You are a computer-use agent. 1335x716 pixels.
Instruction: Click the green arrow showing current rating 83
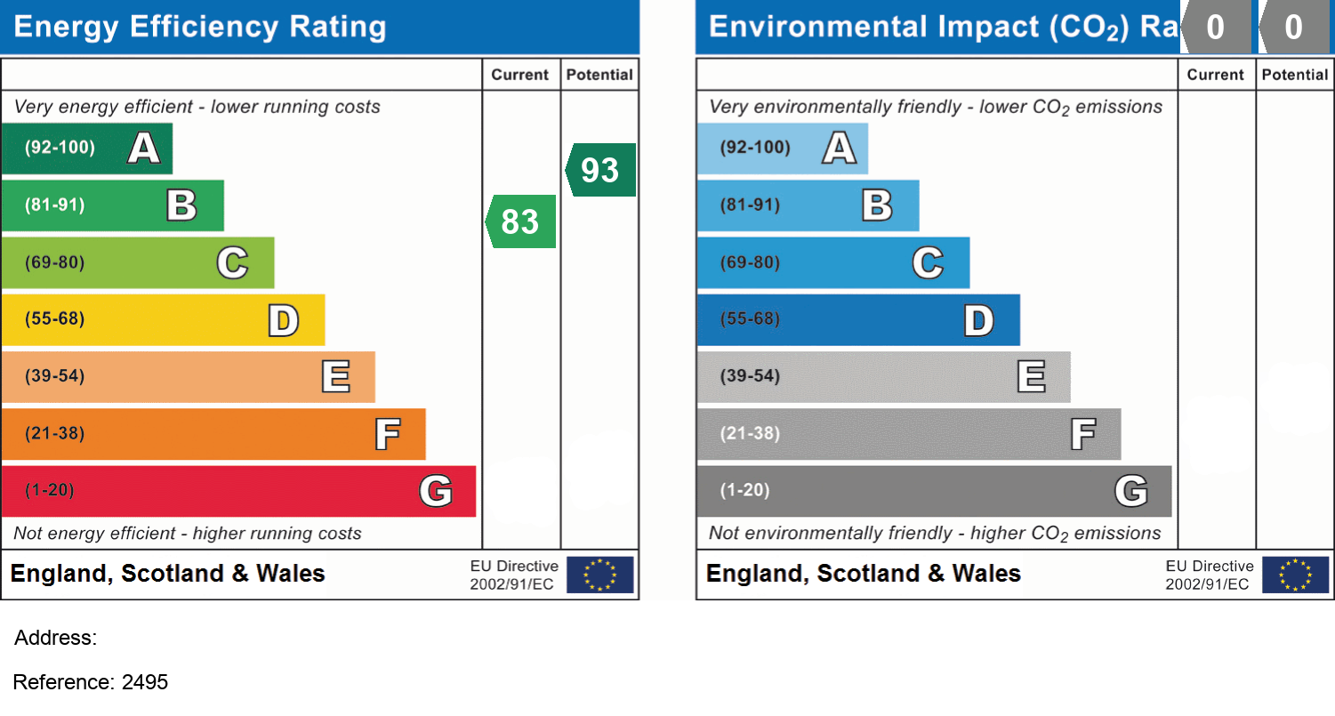520,221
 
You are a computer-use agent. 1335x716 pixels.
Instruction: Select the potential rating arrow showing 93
600,170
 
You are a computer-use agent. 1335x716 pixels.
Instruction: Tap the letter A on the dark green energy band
144,148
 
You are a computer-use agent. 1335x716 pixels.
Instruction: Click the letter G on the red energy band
436,491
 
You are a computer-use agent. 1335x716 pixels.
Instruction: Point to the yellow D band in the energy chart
163,319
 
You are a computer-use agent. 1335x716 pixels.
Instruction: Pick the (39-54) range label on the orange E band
54,376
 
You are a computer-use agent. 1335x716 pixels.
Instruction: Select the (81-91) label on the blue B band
750,205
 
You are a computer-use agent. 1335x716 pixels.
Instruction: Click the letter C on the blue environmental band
928,262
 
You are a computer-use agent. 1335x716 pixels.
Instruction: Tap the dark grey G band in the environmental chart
934,491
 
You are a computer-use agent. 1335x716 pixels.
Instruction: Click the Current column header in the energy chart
520,75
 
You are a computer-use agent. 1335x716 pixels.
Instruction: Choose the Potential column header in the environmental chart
1294,75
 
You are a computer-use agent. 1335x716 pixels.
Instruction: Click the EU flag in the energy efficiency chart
600,575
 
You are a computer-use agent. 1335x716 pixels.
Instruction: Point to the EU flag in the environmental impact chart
1295,575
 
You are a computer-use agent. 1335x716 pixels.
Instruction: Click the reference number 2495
145,682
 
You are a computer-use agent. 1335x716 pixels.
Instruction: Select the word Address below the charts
55,638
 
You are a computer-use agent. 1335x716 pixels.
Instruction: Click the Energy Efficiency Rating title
200,27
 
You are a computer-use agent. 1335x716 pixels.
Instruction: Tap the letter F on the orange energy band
387,434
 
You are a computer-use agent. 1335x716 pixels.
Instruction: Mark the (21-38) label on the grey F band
750,434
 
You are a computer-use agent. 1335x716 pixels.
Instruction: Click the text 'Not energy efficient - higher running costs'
188,534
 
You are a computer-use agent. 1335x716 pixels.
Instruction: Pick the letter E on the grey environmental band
1031,376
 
